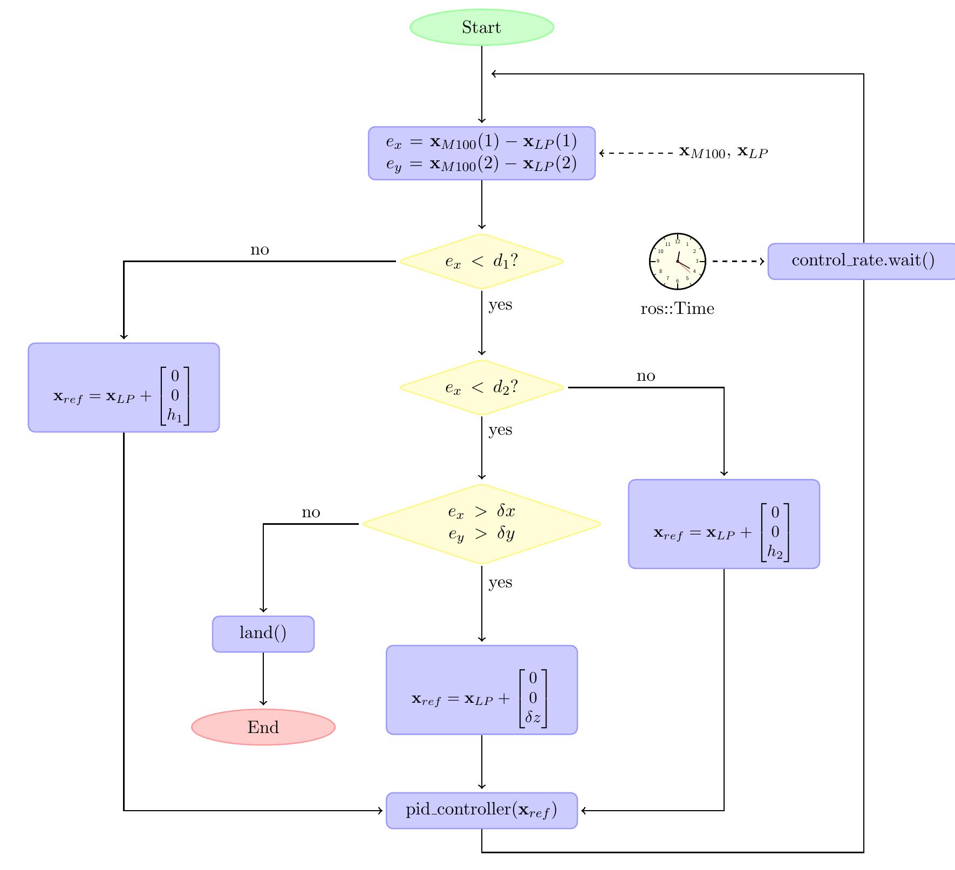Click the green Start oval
click(x=481, y=27)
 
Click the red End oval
click(x=263, y=727)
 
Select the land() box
click(x=263, y=634)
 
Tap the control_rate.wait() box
click(x=862, y=261)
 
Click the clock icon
click(x=678, y=262)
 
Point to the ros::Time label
click(x=677, y=309)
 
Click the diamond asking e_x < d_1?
click(x=481, y=262)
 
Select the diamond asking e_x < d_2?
click(x=481, y=387)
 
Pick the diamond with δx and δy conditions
click(x=481, y=524)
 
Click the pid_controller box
click(x=481, y=810)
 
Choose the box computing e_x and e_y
click(x=481, y=153)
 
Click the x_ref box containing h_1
click(x=124, y=387)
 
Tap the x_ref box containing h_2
click(x=724, y=524)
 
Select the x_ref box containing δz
click(x=481, y=689)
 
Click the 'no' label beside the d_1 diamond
click(x=260, y=250)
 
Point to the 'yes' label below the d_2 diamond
click(x=500, y=430)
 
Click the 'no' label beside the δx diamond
click(x=311, y=512)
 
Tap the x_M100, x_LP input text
click(x=723, y=153)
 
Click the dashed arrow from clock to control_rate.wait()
click(x=737, y=262)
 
